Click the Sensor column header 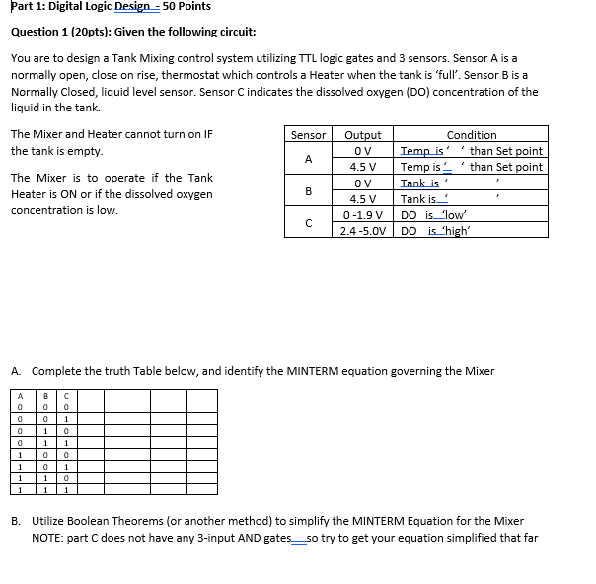(309, 135)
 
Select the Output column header (363, 135)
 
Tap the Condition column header (472, 135)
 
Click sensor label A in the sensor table (309, 159)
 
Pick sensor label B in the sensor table (309, 190)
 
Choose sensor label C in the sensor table (309, 223)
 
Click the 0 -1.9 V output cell (363, 215)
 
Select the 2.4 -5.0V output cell (363, 231)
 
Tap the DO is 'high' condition (435, 231)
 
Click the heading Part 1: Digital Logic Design (104, 7)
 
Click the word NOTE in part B (47, 538)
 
